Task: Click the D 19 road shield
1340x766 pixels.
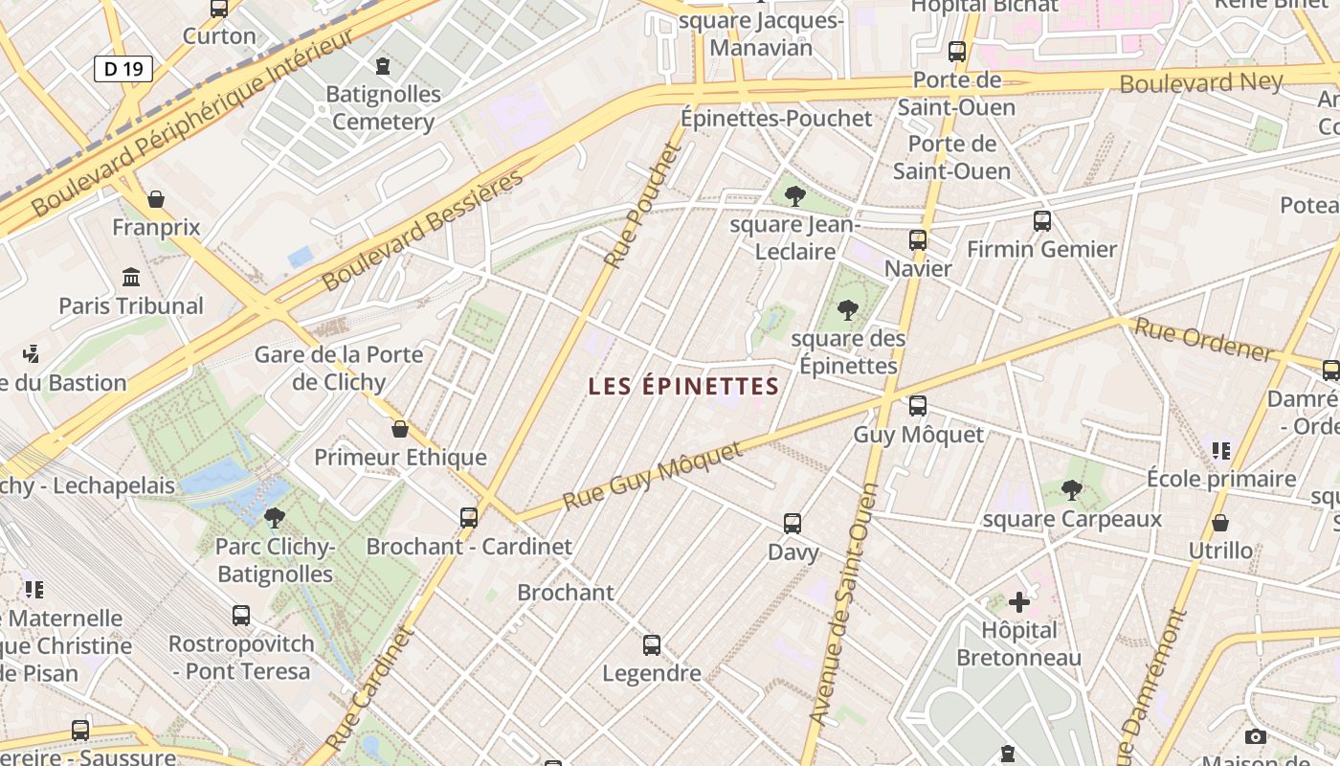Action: [x=123, y=68]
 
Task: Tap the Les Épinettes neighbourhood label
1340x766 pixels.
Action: [x=683, y=386]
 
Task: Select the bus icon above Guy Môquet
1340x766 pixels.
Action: [x=918, y=406]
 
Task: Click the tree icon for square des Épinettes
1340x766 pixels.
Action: [x=847, y=309]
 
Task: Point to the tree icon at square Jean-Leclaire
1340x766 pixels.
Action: [x=794, y=197]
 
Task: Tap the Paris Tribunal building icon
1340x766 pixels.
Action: [x=131, y=278]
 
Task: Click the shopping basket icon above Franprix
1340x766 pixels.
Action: [x=156, y=199]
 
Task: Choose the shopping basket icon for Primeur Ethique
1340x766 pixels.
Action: [x=400, y=429]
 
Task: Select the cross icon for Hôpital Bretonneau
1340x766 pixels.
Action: [x=1019, y=602]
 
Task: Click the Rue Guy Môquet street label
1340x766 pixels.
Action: [x=653, y=477]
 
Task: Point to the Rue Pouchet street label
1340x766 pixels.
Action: [x=642, y=207]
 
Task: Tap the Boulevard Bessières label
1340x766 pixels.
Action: [x=424, y=230]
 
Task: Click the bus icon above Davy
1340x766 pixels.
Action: [x=793, y=524]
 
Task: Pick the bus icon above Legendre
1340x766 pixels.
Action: [x=652, y=645]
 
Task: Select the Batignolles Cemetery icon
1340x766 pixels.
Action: [x=384, y=66]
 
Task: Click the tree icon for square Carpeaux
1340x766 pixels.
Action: [x=1072, y=490]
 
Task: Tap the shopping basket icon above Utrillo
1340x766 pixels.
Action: [x=1220, y=523]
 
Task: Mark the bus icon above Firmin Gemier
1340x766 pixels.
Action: [x=1042, y=221]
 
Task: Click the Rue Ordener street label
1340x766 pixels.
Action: [x=1204, y=340]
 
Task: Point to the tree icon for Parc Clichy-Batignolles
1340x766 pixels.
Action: [x=275, y=518]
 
